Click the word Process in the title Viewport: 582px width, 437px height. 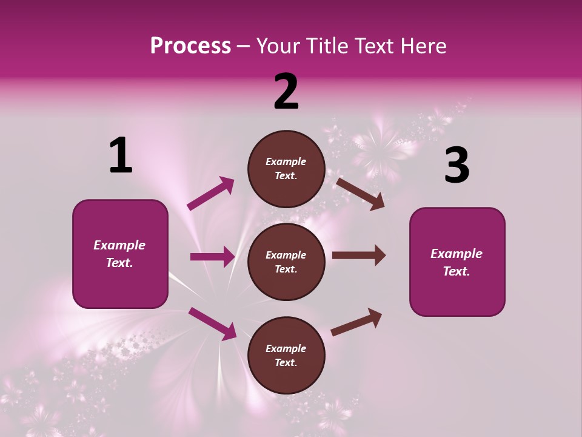click(190, 46)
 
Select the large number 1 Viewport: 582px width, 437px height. click(121, 156)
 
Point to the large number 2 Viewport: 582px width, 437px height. click(286, 92)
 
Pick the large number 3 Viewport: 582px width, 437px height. click(457, 166)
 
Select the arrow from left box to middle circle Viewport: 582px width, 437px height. click(212, 257)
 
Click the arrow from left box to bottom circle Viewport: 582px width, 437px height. click(213, 323)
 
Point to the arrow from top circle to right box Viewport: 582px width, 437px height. click(360, 194)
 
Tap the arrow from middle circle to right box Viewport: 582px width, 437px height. click(358, 256)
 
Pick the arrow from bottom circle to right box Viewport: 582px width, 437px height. click(356, 322)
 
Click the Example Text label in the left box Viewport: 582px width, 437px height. click(120, 254)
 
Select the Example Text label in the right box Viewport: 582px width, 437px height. click(457, 262)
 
